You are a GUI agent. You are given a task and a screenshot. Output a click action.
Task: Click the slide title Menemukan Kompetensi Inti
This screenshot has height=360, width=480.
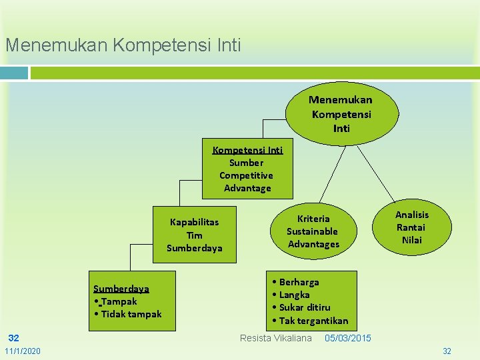click(x=123, y=45)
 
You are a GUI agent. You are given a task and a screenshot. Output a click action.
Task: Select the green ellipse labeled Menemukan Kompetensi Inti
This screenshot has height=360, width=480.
click(x=341, y=113)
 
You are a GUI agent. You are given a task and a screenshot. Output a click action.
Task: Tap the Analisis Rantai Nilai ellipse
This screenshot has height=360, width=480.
click(x=411, y=227)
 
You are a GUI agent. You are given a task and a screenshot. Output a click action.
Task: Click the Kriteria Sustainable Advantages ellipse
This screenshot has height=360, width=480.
click(x=313, y=231)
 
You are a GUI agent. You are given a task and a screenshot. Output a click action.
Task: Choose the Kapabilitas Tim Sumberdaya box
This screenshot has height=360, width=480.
click(x=195, y=235)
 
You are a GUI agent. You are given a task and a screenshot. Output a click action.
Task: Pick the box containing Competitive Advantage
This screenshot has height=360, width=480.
click(x=247, y=169)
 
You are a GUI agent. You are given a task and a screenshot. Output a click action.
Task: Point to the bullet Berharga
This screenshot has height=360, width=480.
click(x=296, y=282)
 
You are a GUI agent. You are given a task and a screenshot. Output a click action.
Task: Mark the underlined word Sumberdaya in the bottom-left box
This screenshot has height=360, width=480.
click(x=121, y=289)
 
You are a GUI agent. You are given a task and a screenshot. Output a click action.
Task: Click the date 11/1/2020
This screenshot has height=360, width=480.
click(x=22, y=351)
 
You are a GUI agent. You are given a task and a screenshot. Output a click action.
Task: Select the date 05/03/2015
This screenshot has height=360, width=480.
click(x=348, y=338)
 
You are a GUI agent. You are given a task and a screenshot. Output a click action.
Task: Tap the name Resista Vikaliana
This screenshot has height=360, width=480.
click(x=275, y=338)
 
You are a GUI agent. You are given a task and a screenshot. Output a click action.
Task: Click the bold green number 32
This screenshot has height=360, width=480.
click(x=13, y=338)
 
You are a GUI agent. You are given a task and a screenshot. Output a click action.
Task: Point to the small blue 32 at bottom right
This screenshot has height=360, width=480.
click(x=447, y=351)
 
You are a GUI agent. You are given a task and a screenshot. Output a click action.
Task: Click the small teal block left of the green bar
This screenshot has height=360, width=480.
click(x=14, y=73)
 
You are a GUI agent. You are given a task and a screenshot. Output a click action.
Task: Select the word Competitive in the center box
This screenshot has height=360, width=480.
click(x=246, y=175)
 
